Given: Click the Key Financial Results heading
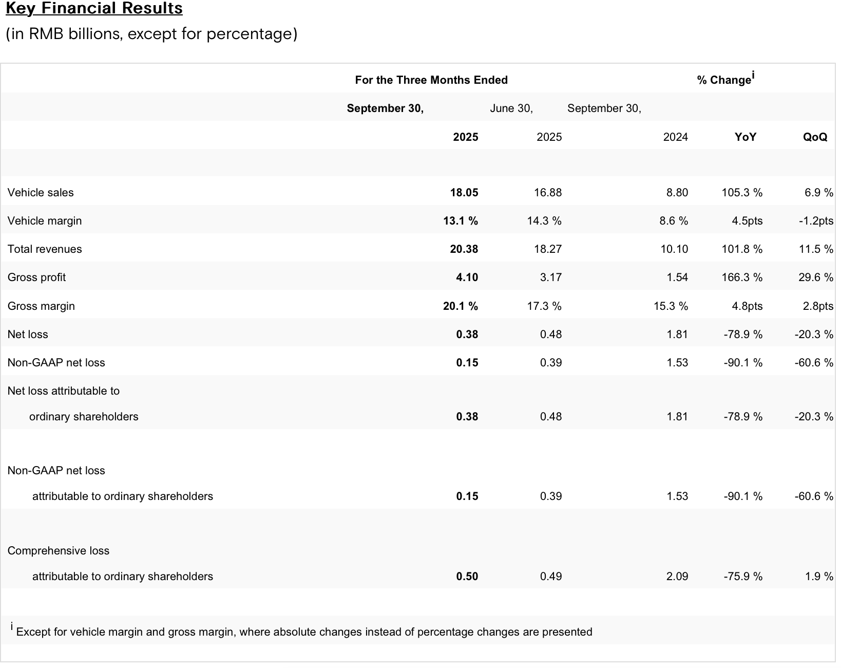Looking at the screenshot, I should (94, 9).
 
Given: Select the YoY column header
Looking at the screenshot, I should (745, 137).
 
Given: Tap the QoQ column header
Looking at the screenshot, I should (815, 137).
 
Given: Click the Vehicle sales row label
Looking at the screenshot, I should (41, 193).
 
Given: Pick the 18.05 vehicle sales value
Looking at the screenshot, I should (464, 193).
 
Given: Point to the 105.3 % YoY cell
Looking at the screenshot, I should (742, 193).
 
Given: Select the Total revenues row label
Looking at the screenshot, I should (45, 249).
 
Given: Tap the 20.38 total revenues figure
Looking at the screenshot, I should (464, 249).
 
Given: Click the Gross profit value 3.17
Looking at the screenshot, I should (550, 277).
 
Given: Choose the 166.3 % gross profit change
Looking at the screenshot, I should (742, 277).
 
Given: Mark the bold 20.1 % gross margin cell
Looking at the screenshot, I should (460, 306).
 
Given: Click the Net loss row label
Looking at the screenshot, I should (28, 335).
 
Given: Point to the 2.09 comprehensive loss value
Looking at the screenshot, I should (677, 577).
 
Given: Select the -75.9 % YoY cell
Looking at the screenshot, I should (742, 577).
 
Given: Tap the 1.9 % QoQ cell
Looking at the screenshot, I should (819, 577).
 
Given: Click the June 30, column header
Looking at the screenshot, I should (511, 108).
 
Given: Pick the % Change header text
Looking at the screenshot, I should (724, 80).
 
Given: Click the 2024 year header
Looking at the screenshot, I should (675, 137).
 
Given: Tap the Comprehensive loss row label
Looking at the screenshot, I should (59, 551).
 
